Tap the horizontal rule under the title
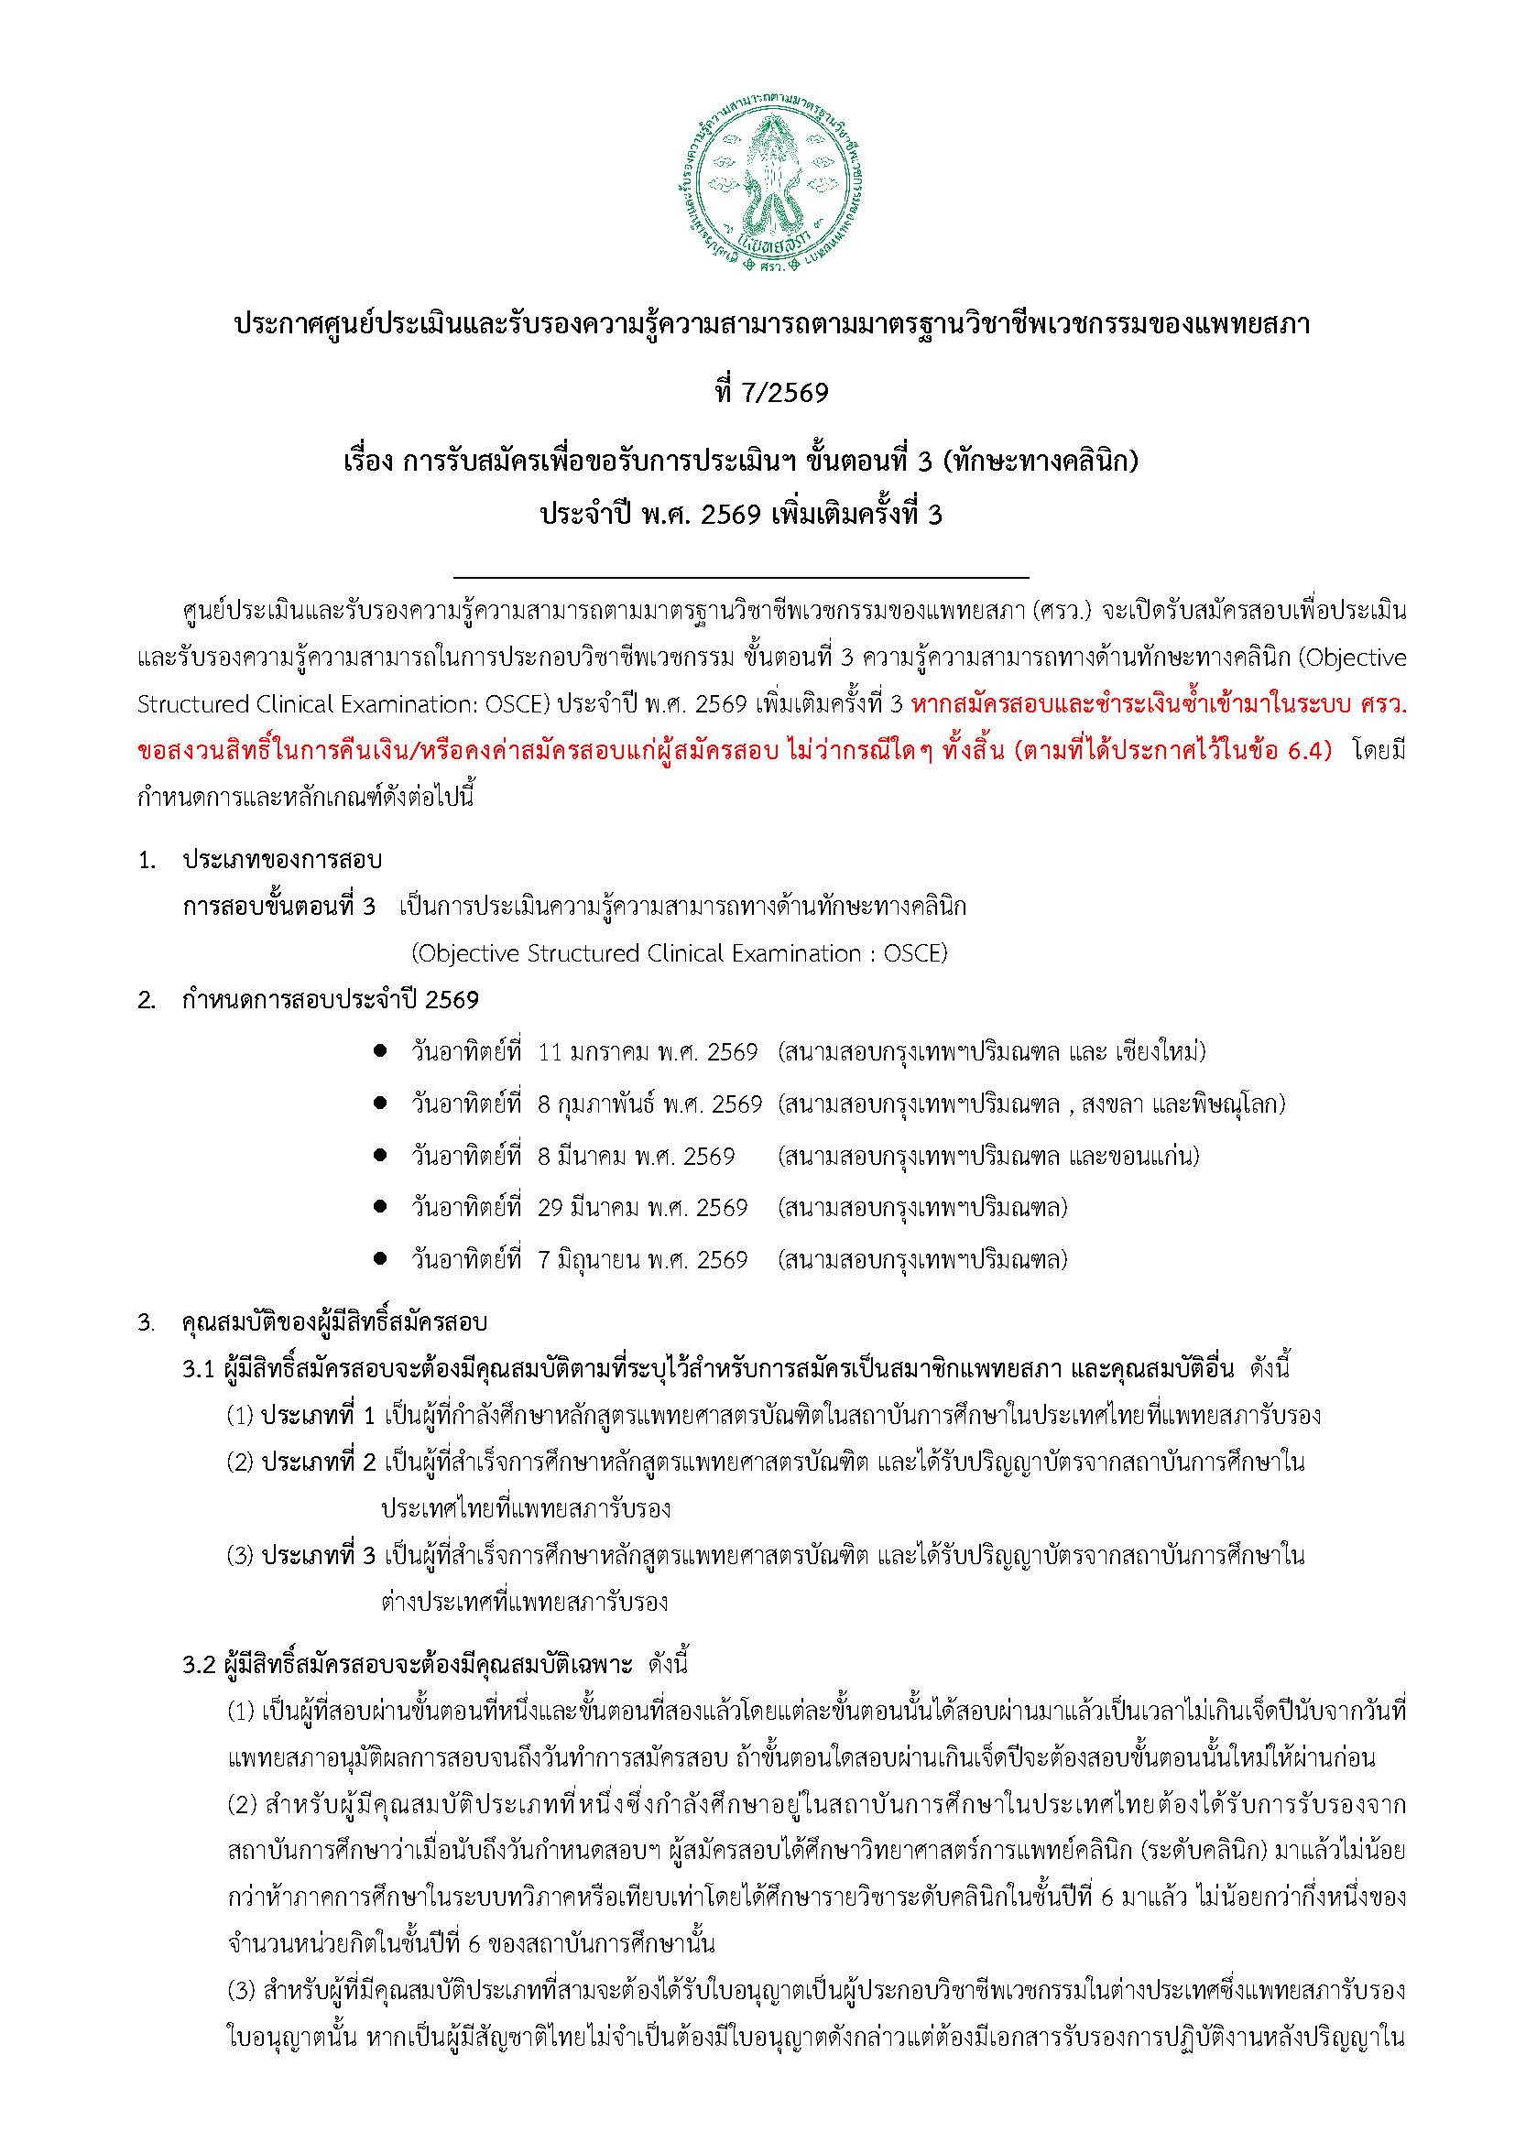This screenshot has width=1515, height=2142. click(741, 579)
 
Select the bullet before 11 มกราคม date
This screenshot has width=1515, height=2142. click(380, 1052)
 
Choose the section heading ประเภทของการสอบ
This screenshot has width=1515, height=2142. click(282, 859)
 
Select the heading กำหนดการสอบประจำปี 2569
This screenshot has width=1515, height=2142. click(332, 1001)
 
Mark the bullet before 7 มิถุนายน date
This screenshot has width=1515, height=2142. click(380, 1260)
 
